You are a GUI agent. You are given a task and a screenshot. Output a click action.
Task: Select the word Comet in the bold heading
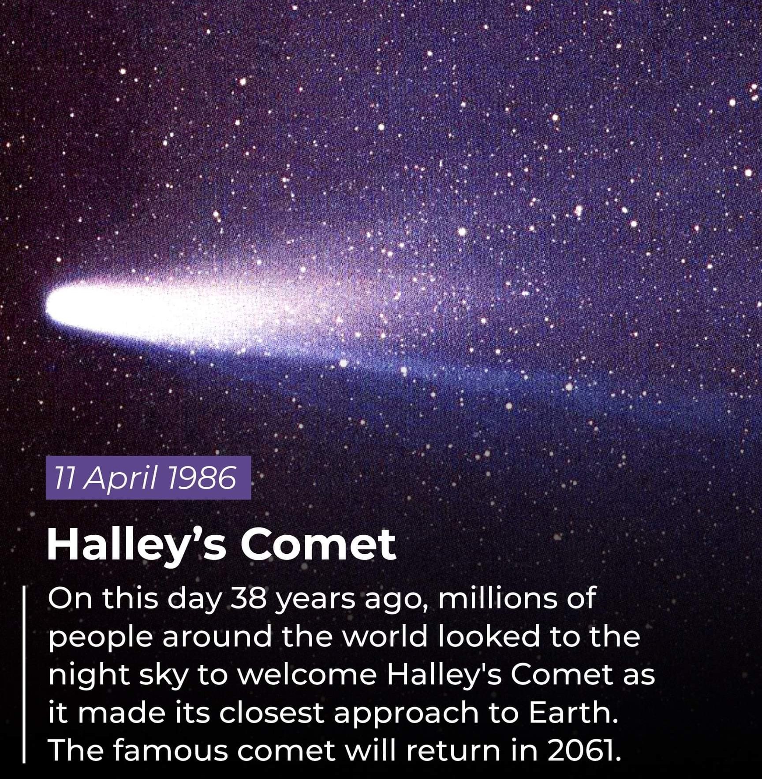pos(318,545)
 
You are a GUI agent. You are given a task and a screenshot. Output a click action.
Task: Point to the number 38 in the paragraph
pos(250,599)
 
